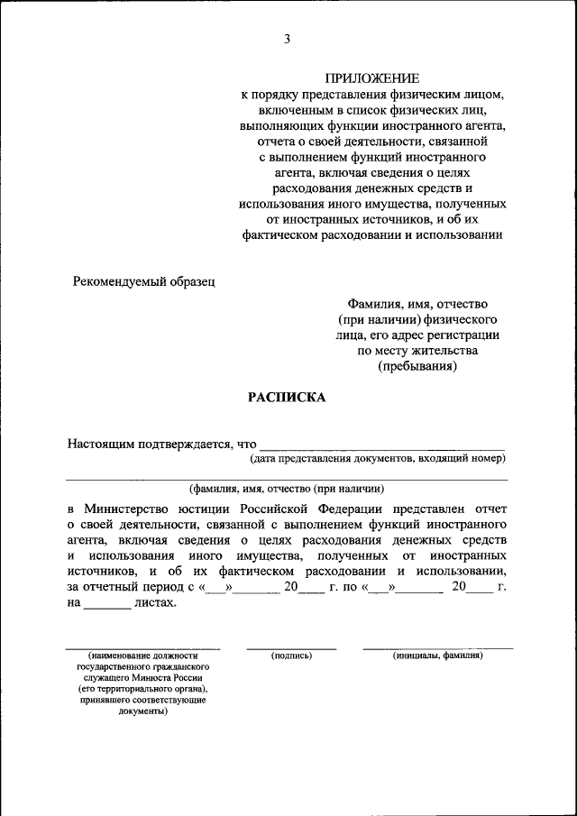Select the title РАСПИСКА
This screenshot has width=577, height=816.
(287, 398)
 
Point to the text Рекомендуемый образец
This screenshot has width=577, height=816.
(144, 281)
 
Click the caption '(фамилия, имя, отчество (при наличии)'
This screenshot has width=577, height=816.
(287, 489)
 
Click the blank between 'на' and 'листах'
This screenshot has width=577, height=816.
(107, 605)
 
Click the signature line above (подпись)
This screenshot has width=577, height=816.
(291, 647)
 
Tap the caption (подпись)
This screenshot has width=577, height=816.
(291, 656)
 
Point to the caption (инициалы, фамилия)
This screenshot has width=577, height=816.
(437, 656)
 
